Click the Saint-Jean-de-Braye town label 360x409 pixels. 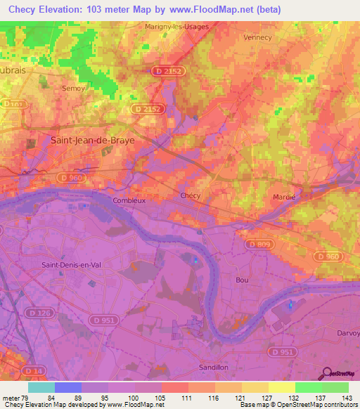(x=93, y=140)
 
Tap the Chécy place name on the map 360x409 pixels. (x=191, y=195)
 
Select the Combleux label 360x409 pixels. (x=129, y=200)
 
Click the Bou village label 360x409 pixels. (x=243, y=280)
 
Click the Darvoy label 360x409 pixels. (x=347, y=333)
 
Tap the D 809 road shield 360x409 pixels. (x=260, y=244)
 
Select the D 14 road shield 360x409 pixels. (x=30, y=370)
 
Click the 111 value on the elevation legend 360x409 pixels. (x=187, y=397)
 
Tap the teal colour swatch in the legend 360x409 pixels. (x=41, y=387)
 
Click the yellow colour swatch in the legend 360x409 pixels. (x=281, y=387)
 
